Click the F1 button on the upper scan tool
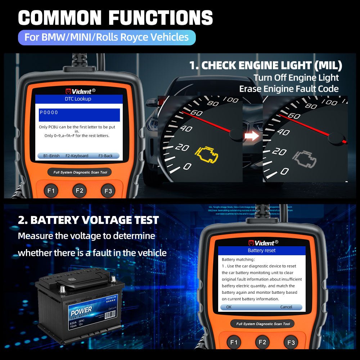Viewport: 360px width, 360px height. [51, 191]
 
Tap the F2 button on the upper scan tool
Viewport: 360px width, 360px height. [80, 191]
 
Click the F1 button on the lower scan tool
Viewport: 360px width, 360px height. [234, 342]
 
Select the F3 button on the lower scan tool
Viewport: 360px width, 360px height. [291, 342]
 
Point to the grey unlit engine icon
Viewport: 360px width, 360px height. [305, 157]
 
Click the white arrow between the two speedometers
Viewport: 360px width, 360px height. [253, 136]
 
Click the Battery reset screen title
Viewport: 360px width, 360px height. [262, 250]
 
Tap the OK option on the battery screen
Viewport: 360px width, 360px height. [229, 307]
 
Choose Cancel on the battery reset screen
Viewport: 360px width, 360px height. [286, 307]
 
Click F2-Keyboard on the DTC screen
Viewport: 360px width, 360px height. [77, 156]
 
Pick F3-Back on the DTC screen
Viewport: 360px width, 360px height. [105, 156]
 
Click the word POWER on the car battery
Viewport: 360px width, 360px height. [81, 311]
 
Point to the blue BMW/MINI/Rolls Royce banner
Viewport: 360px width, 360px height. [107, 37]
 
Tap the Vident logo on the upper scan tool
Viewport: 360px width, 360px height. [80, 91]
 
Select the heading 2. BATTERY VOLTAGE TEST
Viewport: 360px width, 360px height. [88, 220]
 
